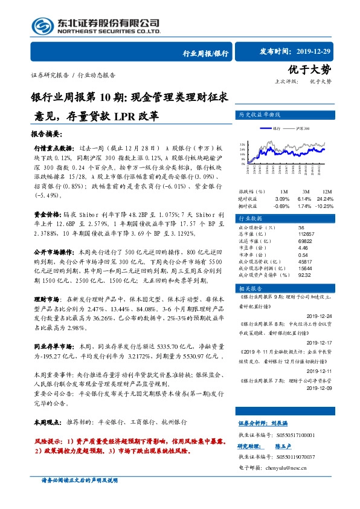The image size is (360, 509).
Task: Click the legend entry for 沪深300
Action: pos(303,129)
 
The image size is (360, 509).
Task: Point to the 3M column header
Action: pos(305,173)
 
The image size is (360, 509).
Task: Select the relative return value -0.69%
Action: pos(282,189)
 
